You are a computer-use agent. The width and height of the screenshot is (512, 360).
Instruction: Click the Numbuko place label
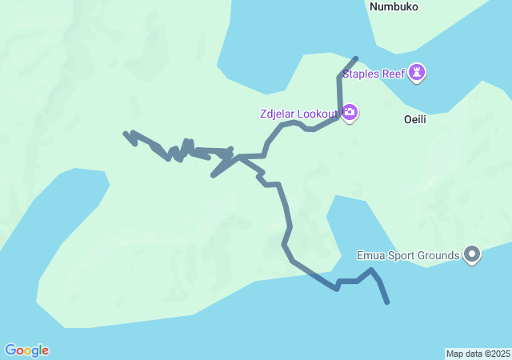point(394,6)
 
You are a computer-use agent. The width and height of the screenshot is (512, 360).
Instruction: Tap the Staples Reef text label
point(374,74)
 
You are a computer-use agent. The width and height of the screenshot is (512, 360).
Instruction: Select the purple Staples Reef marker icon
point(417,74)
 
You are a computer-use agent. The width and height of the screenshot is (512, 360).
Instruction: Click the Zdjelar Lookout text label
point(299,114)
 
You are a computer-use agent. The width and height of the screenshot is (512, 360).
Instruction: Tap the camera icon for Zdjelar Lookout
point(350,112)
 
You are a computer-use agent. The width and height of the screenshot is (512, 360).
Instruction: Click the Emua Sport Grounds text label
point(408,256)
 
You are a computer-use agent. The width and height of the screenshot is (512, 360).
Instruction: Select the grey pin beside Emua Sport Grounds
point(472,255)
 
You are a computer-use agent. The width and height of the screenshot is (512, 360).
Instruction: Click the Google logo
point(26,350)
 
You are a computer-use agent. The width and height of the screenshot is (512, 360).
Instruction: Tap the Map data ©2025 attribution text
point(478,354)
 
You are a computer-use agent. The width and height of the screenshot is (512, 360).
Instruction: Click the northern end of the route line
point(356,58)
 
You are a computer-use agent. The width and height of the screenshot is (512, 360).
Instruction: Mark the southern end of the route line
point(388,302)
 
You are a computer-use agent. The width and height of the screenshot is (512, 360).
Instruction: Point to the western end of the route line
point(125,134)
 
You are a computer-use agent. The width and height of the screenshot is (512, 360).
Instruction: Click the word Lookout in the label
point(318,114)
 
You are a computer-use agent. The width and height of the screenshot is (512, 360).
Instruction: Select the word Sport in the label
point(400,256)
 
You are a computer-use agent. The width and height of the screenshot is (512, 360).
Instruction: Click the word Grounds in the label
point(438,256)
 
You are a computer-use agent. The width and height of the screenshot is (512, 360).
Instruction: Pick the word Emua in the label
point(370,256)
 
